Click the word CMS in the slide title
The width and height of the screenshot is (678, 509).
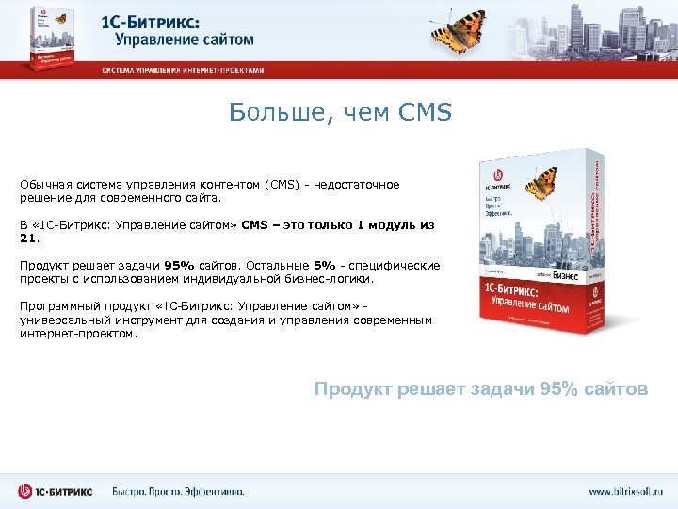426,114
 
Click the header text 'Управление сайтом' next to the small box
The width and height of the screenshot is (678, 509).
185,41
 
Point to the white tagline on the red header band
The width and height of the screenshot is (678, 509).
184,70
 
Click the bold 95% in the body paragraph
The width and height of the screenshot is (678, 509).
179,266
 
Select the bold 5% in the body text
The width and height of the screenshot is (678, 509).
324,266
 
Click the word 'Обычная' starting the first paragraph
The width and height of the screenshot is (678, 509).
44,185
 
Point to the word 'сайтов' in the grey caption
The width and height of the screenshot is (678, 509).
616,389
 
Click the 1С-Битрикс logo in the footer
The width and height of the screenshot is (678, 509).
55,491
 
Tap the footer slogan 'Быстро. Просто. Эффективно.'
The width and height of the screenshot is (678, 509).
179,491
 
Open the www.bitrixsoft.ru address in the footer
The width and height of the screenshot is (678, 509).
625,491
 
